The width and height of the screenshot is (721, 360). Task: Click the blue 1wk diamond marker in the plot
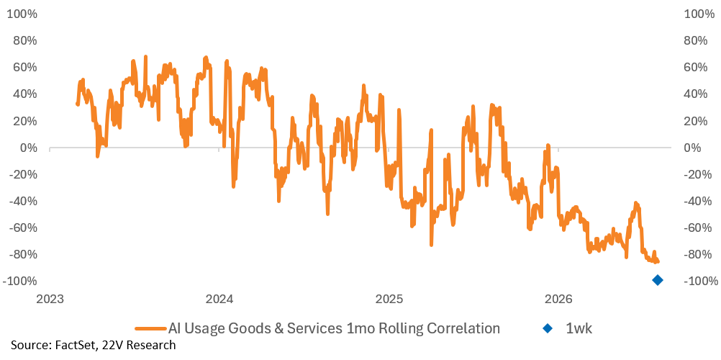point(658,280)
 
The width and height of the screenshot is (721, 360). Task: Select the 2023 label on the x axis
point(50,299)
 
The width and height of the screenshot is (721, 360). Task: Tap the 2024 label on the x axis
point(219,299)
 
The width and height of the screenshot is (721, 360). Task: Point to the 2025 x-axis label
point(389,299)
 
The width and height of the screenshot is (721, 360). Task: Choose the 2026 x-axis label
point(558,299)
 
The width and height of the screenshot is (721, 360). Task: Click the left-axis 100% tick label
point(22,14)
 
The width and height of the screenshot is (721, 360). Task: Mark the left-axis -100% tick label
point(19,281)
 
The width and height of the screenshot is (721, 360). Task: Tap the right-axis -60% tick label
point(697,228)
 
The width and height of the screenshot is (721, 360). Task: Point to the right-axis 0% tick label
point(694,148)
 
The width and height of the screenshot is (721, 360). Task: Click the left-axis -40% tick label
point(22,201)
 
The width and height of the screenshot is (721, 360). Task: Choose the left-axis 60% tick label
point(25,68)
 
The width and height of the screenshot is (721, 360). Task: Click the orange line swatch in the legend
point(150,329)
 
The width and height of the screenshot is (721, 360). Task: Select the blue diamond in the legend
point(548,329)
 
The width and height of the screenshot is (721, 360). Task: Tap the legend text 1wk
point(576,329)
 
